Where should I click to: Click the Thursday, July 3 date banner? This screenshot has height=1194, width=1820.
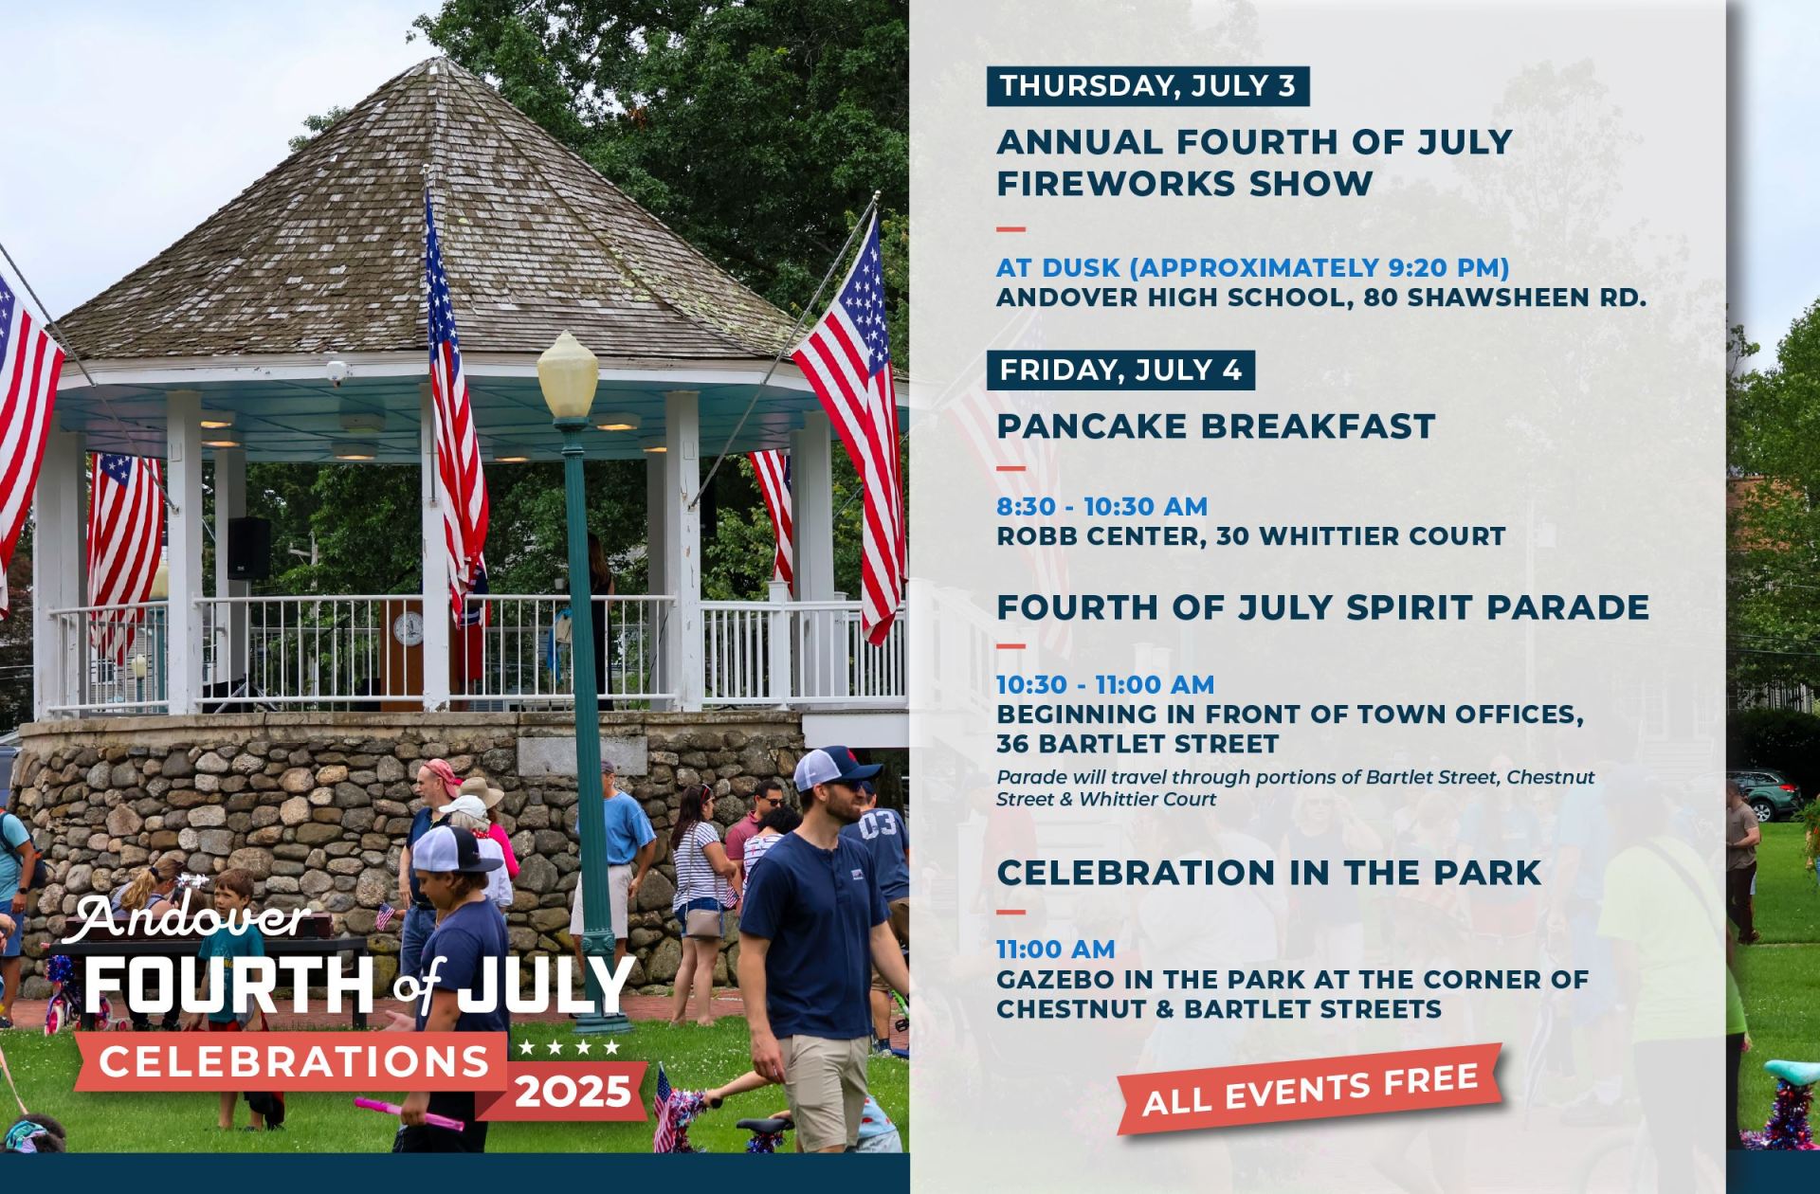1148,86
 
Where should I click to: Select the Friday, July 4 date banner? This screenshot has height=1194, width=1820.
1120,371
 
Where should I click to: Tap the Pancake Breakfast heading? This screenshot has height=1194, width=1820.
1216,426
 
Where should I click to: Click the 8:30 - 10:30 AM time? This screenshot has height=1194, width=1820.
1102,507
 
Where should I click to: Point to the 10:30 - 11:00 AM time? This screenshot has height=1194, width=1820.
1105,684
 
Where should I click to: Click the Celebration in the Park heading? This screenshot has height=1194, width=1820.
1269,873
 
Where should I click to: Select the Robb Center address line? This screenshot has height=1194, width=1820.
1251,536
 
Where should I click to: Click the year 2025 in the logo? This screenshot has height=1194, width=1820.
573,1092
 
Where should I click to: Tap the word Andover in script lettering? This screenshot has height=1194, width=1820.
194,916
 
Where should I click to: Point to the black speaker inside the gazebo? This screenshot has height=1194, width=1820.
248,549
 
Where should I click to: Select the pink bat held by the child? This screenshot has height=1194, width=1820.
409,1113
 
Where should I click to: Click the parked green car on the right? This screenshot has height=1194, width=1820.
1763,795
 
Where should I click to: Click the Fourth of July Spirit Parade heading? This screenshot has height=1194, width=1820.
1323,606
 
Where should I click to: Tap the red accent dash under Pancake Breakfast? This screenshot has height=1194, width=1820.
1011,467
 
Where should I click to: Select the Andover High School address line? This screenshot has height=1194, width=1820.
1321,298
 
